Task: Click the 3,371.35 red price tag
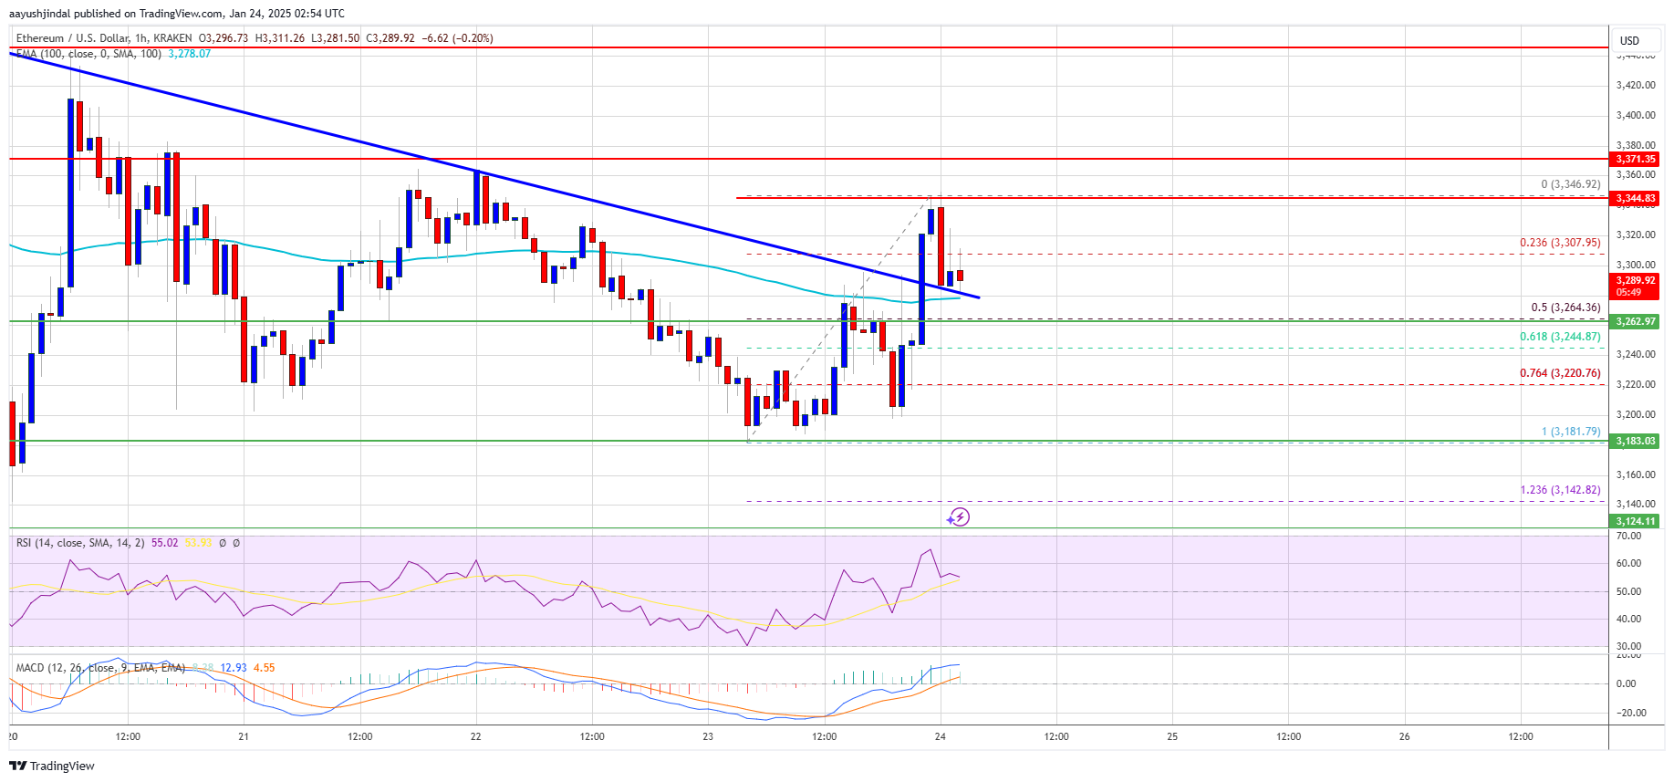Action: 1636,159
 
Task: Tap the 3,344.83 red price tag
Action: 1636,198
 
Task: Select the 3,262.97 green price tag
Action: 1636,321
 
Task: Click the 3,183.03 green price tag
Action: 1636,441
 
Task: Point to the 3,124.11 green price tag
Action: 1636,521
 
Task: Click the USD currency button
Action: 1629,40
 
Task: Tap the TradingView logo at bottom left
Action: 52,766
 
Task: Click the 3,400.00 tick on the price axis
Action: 1635,115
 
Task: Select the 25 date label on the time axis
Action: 1172,736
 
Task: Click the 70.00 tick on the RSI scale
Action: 1628,536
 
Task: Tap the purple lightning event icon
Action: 958,517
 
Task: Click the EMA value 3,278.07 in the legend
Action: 189,54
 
